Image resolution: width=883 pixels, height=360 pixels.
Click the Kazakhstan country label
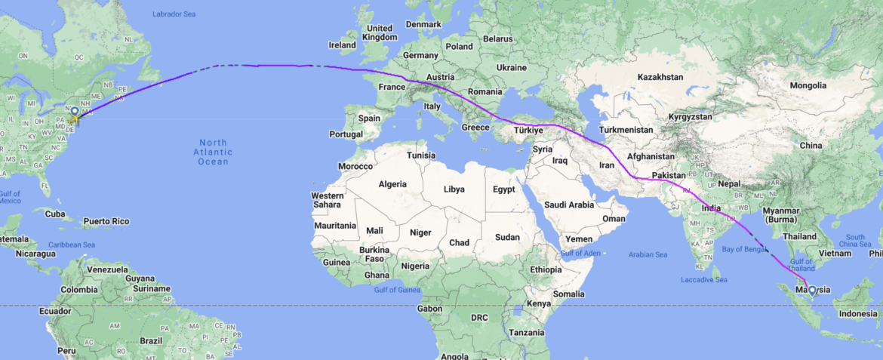coord(660,77)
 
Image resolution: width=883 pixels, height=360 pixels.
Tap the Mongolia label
coord(808,85)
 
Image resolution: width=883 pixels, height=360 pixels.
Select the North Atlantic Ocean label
coord(214,152)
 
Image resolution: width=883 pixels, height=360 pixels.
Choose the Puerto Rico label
coord(106,221)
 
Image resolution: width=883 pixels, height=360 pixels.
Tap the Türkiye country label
coord(528,131)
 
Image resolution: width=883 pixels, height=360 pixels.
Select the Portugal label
coord(346,134)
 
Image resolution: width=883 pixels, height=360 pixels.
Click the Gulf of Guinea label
coord(396,290)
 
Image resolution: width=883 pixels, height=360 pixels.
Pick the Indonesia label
coord(858,314)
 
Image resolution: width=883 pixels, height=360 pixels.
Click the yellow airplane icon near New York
coord(73,118)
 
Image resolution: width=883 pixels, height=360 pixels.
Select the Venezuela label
coord(106,269)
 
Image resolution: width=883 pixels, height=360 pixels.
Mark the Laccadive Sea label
coord(703,280)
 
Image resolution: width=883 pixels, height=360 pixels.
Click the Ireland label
coord(342,45)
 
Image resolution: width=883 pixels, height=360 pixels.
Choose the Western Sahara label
coord(328,200)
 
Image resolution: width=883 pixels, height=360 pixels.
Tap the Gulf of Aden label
coord(580,252)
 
